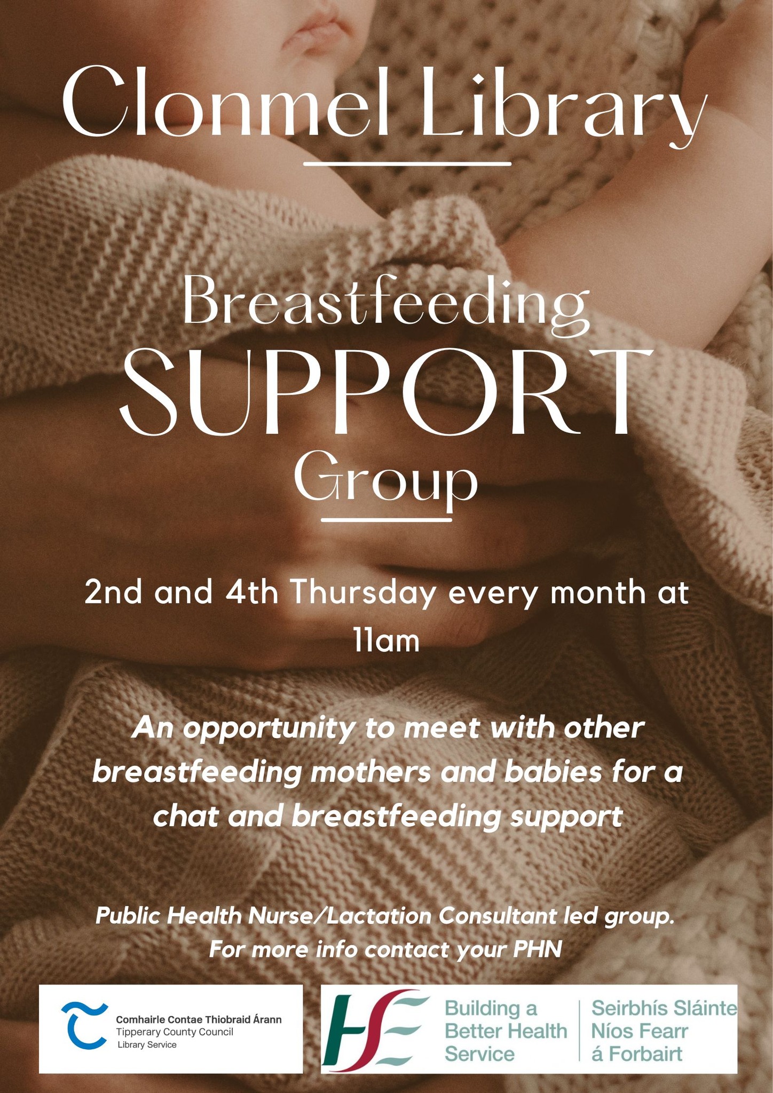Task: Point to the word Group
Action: [x=386, y=479]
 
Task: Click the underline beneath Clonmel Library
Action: [x=407, y=163]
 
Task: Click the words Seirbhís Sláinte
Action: [x=664, y=1008]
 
